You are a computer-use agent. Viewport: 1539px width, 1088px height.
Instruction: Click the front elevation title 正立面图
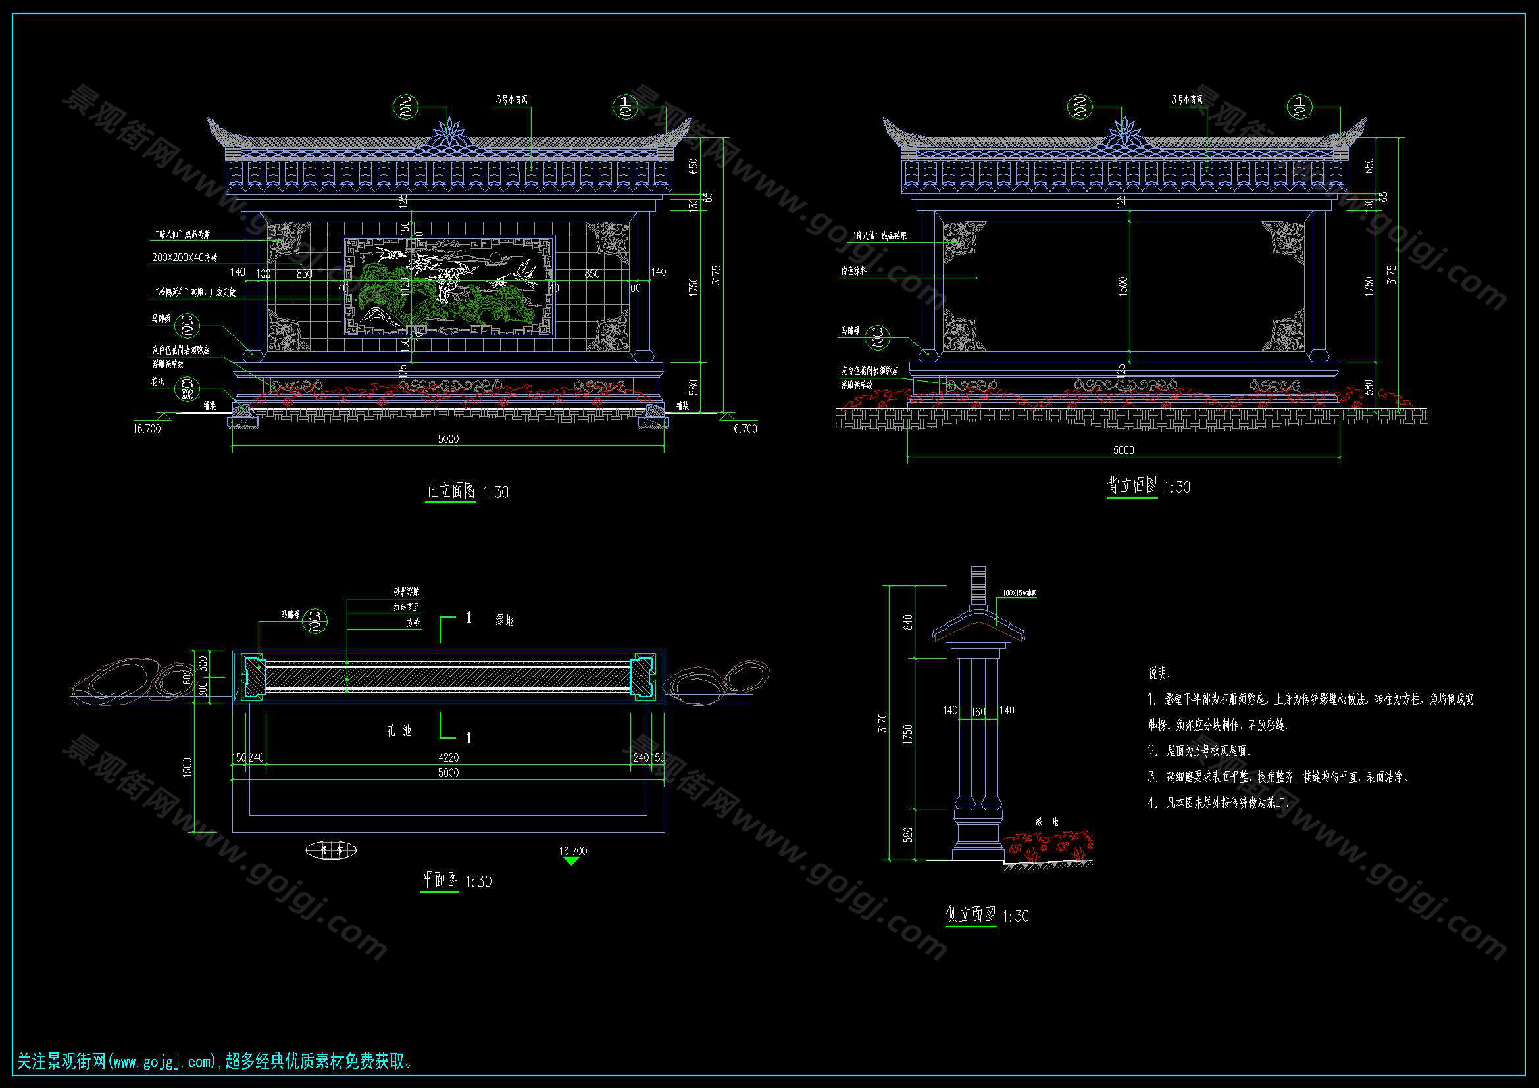click(451, 491)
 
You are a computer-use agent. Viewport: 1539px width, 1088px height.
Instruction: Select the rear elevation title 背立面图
click(1132, 485)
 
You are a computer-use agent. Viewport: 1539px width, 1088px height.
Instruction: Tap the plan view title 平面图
click(440, 879)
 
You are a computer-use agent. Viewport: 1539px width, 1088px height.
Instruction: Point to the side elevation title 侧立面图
click(971, 914)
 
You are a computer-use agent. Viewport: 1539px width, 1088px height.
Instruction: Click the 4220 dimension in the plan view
click(449, 758)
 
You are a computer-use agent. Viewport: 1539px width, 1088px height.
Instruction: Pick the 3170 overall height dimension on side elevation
click(882, 722)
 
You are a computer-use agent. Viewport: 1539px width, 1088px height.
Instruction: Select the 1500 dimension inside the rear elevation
click(1123, 286)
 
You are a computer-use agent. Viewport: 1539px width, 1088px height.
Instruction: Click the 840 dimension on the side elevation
click(908, 622)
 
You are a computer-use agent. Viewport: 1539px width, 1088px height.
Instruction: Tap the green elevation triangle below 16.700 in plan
click(572, 862)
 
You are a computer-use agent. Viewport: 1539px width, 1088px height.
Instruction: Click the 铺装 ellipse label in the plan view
click(331, 851)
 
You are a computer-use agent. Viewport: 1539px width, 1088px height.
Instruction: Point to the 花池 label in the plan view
click(399, 731)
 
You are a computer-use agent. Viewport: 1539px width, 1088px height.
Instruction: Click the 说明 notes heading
click(1157, 674)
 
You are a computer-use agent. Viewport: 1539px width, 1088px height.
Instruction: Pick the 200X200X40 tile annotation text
click(184, 257)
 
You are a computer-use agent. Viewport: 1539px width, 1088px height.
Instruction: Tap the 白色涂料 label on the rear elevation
click(854, 271)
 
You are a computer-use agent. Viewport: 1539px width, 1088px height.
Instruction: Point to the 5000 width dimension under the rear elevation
click(1123, 450)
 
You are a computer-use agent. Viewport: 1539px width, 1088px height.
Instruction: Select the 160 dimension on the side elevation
click(978, 712)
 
